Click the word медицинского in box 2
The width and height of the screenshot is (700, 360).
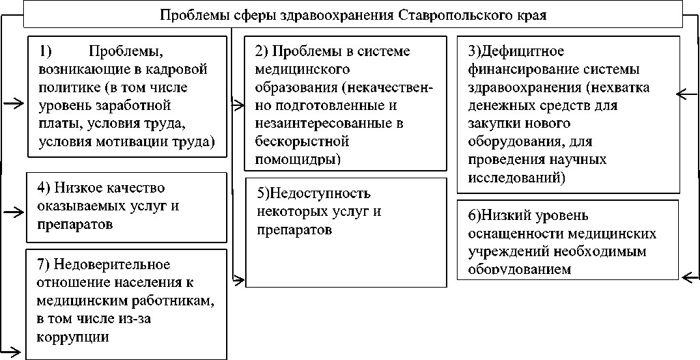tap(302, 70)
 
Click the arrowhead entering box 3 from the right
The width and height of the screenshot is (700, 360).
tap(683, 95)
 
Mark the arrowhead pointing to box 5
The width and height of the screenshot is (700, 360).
tap(239, 278)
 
